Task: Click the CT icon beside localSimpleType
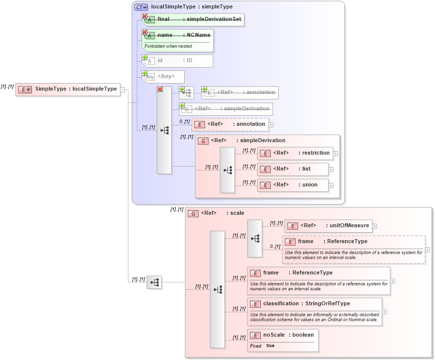[x=141, y=7]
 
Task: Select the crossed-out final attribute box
[x=194, y=19]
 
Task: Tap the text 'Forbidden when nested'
[x=168, y=46]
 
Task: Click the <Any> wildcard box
[x=163, y=77]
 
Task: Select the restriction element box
[x=295, y=153]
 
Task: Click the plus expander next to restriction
[x=335, y=154]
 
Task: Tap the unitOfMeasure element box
[x=328, y=226]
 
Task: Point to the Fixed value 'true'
[x=270, y=346]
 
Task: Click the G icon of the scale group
[x=193, y=213]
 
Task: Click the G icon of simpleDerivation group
[x=203, y=141]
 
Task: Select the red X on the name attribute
[x=145, y=32]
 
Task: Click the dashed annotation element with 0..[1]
[x=230, y=124]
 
